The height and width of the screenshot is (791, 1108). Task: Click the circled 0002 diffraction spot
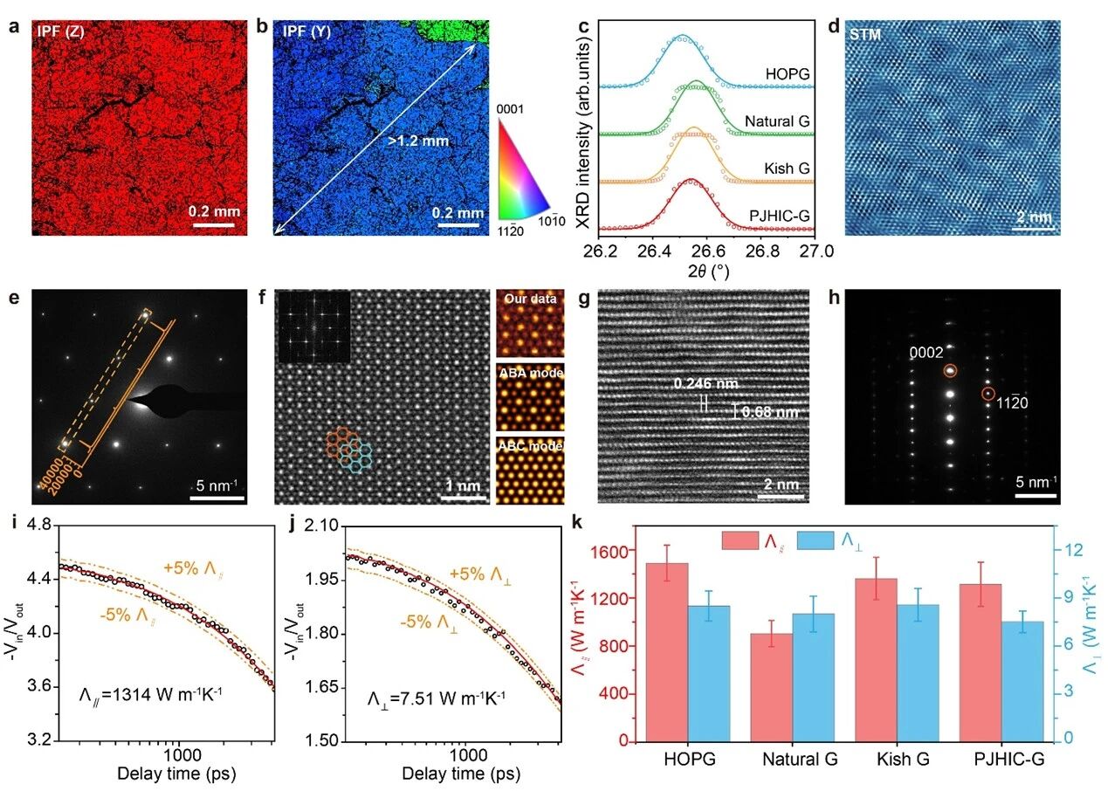click(949, 371)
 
